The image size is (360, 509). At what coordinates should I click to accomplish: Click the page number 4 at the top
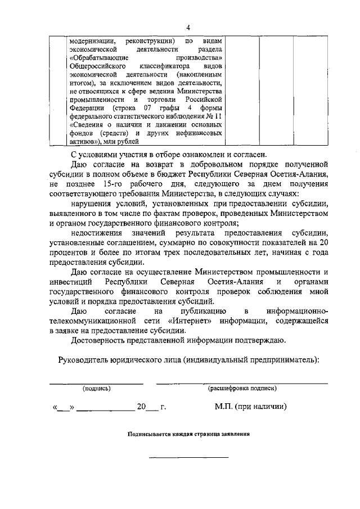point(188,26)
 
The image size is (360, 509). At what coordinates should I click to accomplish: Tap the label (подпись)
point(96,389)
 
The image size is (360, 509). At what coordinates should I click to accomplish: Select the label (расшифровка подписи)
point(242,389)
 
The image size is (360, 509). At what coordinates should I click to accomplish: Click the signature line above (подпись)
point(96,383)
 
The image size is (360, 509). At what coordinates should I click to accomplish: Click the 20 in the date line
point(141,407)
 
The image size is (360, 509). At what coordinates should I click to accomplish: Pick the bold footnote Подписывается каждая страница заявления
point(188,435)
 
